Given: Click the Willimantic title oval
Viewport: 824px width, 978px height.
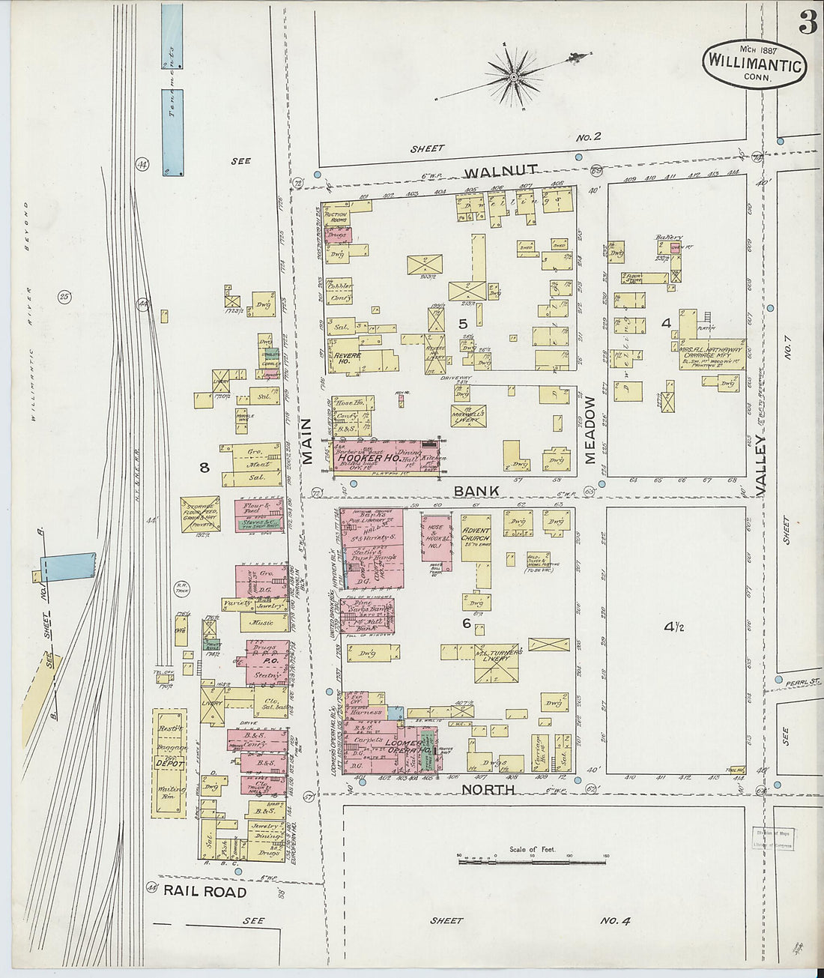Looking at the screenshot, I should (754, 64).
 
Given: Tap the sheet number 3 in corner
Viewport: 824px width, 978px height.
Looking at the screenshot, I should (808, 24).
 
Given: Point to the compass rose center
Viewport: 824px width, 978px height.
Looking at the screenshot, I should (514, 76).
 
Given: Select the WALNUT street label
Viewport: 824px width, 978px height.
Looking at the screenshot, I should (505, 171).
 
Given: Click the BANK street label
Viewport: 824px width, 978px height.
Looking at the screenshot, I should (476, 491).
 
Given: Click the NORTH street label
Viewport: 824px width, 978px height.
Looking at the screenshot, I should (488, 789).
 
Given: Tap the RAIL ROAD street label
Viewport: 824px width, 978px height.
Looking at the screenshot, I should (205, 892).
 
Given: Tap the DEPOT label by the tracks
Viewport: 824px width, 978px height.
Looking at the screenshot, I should (170, 763).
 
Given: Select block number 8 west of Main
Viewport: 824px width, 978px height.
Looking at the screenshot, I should (204, 468).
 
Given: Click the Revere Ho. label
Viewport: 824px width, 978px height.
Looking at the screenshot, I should (349, 357).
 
